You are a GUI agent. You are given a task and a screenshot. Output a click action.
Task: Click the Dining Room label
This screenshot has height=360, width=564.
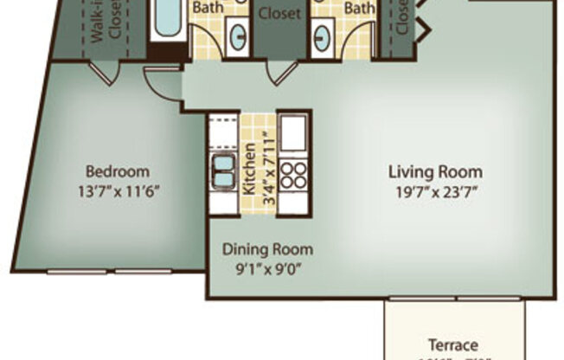pos(267,249)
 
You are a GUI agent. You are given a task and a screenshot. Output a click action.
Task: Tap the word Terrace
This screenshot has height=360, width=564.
pos(454,344)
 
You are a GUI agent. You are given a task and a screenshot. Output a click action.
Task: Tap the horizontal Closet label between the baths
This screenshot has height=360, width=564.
pos(279,14)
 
